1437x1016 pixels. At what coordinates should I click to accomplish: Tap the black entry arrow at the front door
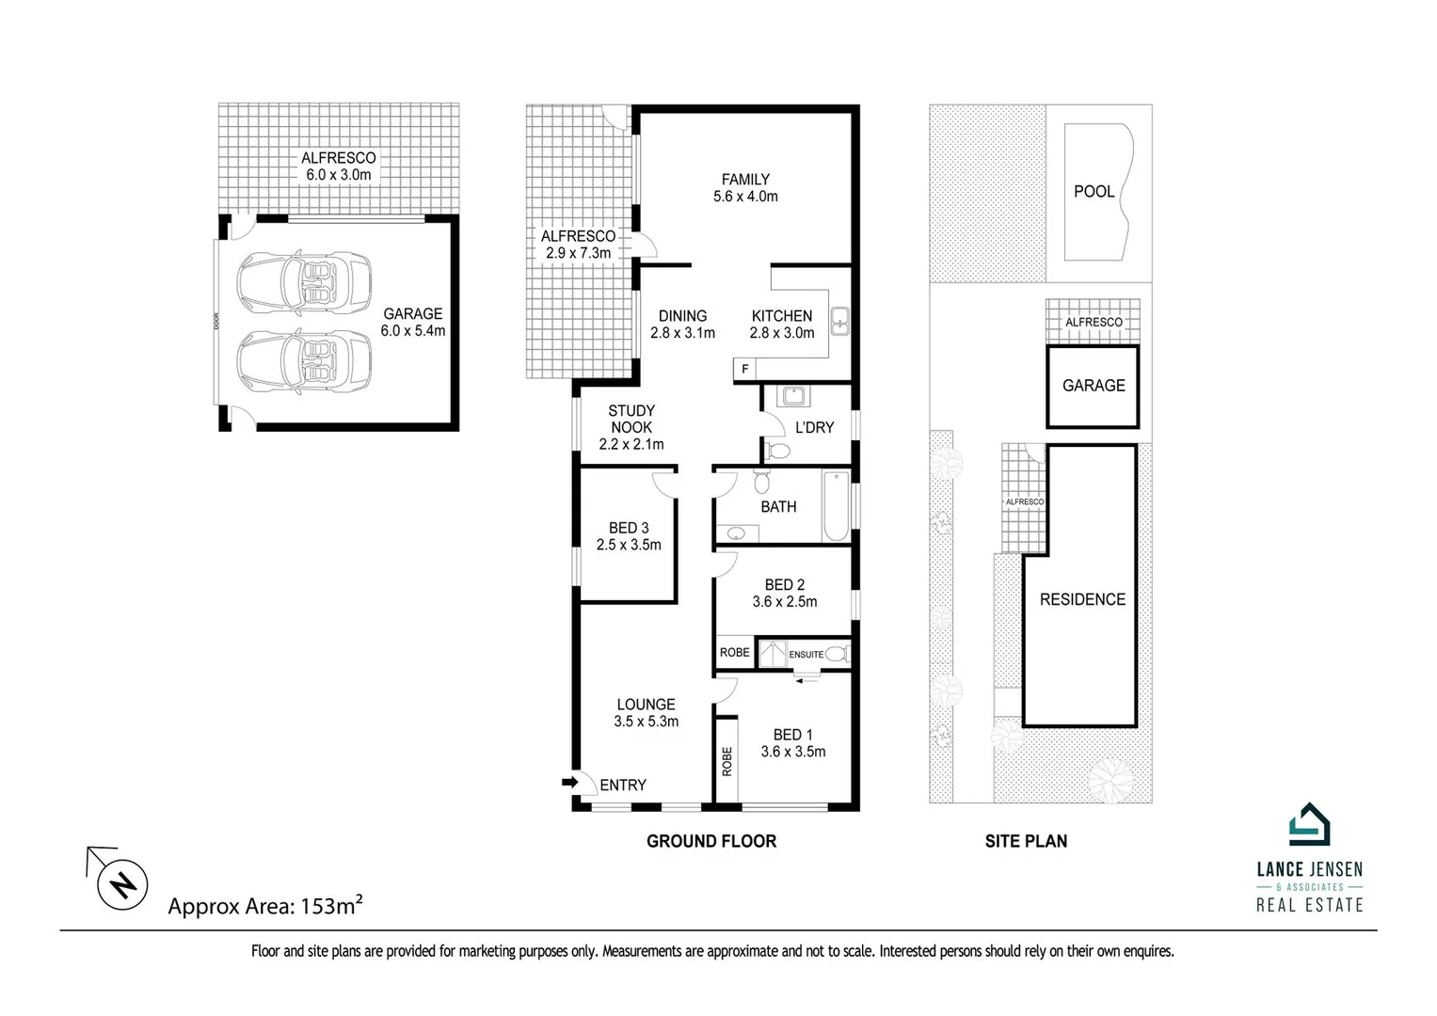click(x=569, y=782)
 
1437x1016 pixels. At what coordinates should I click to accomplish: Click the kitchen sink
click(x=839, y=322)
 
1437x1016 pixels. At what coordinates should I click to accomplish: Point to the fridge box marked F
click(x=744, y=370)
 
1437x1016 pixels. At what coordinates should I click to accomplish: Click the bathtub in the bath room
click(x=836, y=507)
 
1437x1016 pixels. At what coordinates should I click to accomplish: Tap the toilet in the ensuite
click(x=840, y=653)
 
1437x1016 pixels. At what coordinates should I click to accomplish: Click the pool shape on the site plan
click(x=1097, y=192)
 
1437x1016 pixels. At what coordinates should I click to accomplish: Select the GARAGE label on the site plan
click(x=1094, y=386)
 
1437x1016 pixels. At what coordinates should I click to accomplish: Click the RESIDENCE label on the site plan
click(x=1082, y=599)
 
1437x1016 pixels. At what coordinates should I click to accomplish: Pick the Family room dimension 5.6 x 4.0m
click(x=745, y=197)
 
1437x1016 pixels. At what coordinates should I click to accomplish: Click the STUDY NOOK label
click(x=631, y=419)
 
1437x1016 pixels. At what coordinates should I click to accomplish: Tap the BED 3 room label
click(x=629, y=528)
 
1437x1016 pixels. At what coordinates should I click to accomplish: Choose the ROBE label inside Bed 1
click(x=726, y=760)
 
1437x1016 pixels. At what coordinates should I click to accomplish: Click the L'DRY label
click(x=814, y=427)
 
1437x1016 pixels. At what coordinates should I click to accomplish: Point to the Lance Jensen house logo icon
click(x=1309, y=826)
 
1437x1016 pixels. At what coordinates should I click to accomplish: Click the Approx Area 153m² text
click(x=265, y=906)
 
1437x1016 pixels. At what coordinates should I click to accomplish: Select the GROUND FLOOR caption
click(x=711, y=841)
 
